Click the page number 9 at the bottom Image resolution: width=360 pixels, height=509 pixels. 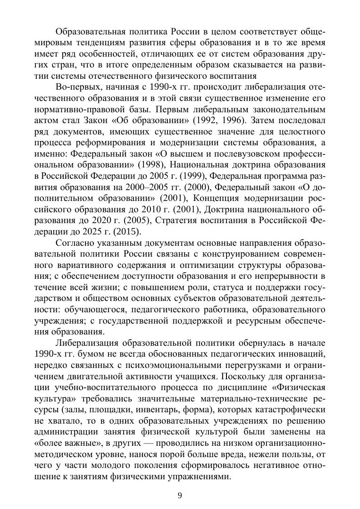(x=180, y=495)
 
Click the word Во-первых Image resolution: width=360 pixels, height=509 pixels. (x=75, y=87)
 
